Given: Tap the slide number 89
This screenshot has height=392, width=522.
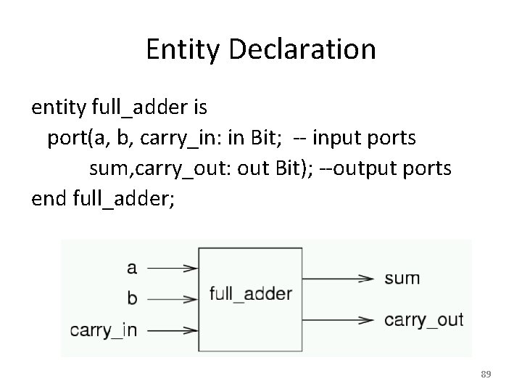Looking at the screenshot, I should coord(486,374).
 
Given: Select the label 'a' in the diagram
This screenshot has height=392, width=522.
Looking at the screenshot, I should coord(131,268).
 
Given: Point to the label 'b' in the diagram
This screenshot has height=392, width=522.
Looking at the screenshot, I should coord(132,298).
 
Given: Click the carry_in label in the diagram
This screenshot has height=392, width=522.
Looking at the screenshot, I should coord(103,330).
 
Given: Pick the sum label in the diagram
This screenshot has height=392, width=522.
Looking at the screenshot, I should coord(402,278).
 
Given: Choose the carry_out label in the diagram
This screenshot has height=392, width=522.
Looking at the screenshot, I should coord(424,319).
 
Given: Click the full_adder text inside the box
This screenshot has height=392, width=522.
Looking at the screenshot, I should coord(251,294).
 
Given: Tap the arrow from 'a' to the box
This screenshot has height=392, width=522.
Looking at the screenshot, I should coord(173,268).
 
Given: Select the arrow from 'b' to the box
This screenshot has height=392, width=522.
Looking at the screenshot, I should coord(173,298).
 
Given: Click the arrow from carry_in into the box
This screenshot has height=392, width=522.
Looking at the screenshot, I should coord(173,330).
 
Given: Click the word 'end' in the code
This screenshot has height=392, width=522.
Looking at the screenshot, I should coord(49,198).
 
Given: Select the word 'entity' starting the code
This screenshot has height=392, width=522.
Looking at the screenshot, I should coord(59,108).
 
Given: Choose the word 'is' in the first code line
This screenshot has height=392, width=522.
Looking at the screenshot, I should coord(201,108).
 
